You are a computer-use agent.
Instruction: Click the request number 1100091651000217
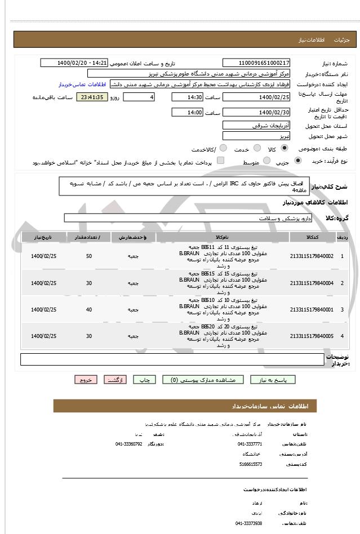point(257,63)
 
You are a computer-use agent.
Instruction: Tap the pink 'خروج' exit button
point(86,380)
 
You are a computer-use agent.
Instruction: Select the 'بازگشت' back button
point(118,380)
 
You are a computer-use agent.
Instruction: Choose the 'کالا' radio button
point(283,148)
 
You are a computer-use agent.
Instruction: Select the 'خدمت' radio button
point(257,148)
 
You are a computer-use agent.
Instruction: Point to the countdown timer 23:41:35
point(91,97)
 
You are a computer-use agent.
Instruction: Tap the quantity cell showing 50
point(89,256)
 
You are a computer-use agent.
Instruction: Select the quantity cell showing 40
point(89,309)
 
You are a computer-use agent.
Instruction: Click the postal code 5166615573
point(250,464)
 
